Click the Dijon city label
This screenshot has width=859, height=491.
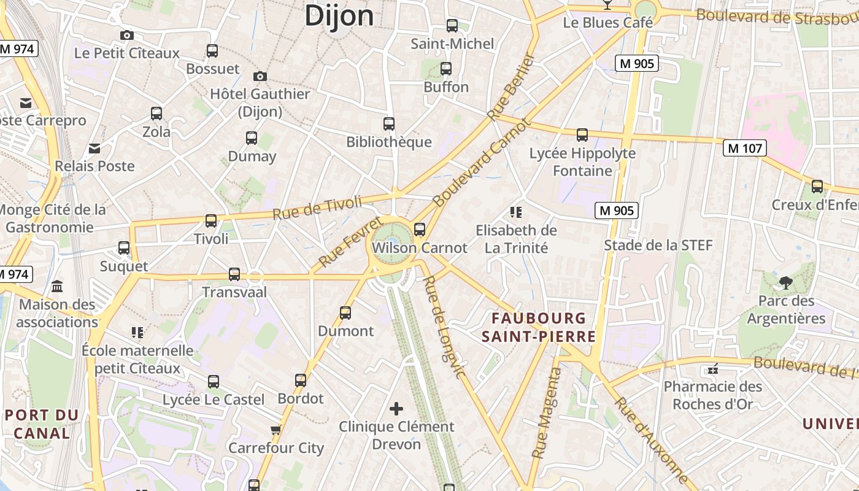click(339, 15)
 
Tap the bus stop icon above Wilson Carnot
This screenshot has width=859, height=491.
click(420, 230)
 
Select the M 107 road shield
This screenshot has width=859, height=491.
click(745, 148)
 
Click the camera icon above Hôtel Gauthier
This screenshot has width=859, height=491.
click(260, 77)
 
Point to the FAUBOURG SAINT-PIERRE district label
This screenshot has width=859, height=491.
click(539, 327)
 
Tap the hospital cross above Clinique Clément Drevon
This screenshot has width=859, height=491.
click(396, 408)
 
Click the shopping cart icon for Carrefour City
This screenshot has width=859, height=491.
click(276, 430)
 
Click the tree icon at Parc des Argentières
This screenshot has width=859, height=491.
click(785, 283)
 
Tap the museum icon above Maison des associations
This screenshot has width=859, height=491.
click(58, 287)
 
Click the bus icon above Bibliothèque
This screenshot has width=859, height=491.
click(389, 124)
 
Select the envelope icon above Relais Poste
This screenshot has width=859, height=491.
click(94, 148)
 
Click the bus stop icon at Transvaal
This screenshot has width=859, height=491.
click(234, 274)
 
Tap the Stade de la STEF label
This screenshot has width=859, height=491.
click(658, 245)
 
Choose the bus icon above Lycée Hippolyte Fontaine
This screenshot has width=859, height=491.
click(582, 134)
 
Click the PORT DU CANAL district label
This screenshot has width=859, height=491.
click(42, 424)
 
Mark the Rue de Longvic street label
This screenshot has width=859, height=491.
click(444, 327)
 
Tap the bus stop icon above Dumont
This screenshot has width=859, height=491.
click(345, 313)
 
